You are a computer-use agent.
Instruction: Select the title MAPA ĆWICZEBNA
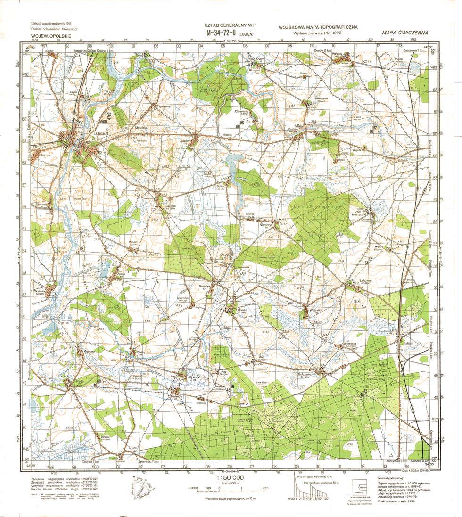coord(405,33)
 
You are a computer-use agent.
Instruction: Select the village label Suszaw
coord(46,155)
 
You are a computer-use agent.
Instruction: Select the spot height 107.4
coord(357,301)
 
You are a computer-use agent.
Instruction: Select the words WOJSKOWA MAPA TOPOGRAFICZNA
coord(318,27)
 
